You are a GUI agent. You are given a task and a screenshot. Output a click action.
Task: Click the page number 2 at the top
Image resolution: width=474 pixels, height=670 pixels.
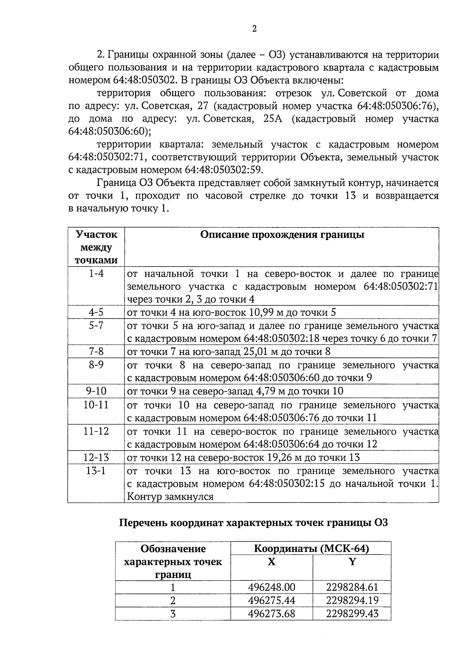[x=254, y=29]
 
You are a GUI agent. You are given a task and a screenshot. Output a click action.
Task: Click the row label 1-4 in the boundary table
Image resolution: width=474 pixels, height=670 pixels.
[x=96, y=273]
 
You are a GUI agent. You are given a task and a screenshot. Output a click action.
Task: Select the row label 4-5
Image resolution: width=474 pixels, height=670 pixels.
[x=96, y=312]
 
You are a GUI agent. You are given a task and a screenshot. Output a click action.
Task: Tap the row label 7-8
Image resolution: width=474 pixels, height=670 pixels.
[x=96, y=351]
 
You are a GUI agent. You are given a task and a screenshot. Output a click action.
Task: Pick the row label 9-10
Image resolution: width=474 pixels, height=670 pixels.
[x=96, y=391]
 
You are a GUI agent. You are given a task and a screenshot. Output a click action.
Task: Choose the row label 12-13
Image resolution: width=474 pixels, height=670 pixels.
[x=96, y=457]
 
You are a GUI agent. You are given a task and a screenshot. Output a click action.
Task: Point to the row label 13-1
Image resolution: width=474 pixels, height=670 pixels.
[x=96, y=471]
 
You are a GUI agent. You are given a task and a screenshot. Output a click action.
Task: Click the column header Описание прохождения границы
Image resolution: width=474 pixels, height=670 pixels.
[x=282, y=235]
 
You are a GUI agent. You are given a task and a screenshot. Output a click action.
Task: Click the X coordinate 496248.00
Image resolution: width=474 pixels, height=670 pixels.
[x=271, y=587]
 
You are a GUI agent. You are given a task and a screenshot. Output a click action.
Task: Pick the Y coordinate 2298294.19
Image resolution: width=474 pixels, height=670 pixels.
[x=352, y=601]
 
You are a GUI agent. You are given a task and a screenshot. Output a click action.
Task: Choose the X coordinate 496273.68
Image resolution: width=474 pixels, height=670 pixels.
[x=271, y=614]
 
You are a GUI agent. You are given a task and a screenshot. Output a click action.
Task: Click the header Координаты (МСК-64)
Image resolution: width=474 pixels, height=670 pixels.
[x=311, y=549]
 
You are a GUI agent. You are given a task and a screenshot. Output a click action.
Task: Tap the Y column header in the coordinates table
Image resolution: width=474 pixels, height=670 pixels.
[x=352, y=561]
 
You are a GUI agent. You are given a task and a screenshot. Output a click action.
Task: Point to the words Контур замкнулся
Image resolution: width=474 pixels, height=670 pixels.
[x=170, y=496]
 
